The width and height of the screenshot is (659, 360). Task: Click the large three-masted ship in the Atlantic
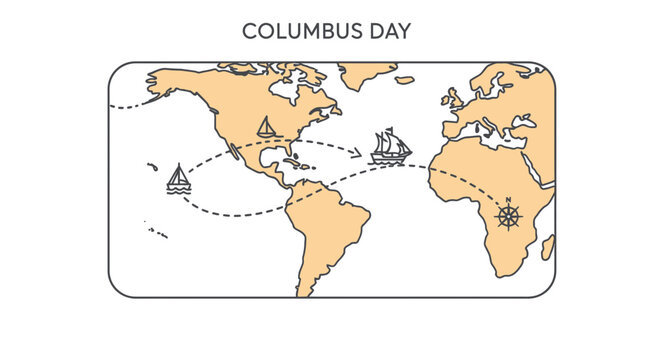point(390,147)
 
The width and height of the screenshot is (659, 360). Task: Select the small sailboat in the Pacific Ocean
point(178,180)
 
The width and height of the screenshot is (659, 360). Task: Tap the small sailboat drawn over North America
point(266,127)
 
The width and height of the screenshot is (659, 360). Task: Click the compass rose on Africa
point(509,216)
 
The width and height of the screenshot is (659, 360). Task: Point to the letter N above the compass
point(509,199)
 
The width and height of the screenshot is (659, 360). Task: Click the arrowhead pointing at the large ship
point(358,154)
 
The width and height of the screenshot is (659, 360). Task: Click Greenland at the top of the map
point(366,74)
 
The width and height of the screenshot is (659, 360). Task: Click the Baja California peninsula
point(233,151)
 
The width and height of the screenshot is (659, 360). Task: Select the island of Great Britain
point(451,98)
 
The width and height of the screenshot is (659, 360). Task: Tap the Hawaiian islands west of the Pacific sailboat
point(152,167)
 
